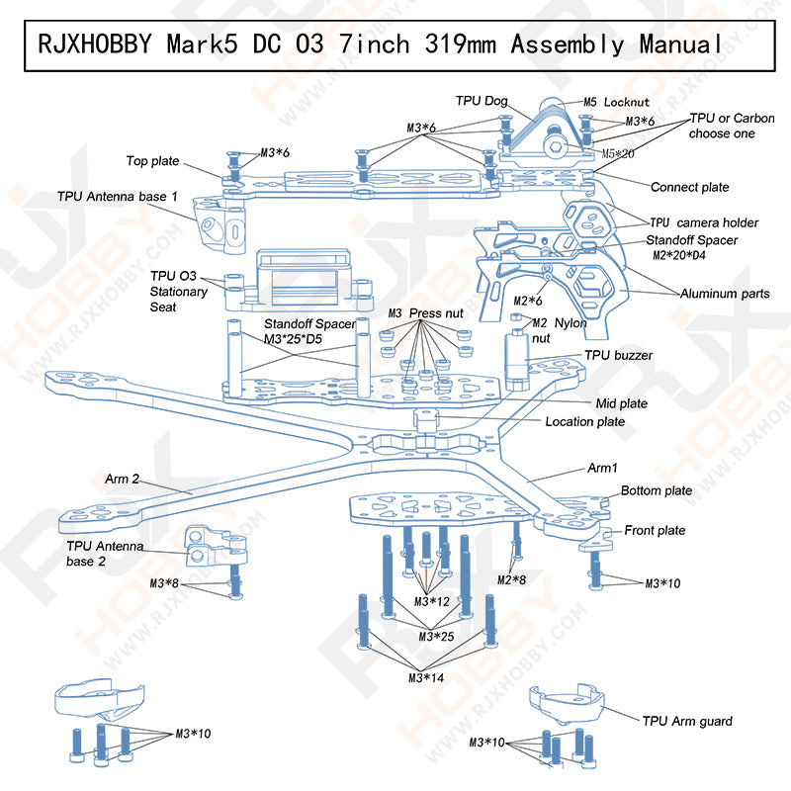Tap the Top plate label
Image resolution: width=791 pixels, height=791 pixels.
click(152, 160)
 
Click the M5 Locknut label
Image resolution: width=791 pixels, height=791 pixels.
click(614, 102)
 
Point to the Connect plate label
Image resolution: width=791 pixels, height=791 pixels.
click(689, 187)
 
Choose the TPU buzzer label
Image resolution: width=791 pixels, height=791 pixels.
click(618, 355)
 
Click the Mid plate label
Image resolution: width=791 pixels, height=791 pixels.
click(621, 403)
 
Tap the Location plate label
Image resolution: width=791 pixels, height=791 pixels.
click(584, 421)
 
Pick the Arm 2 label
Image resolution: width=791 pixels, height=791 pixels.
click(123, 480)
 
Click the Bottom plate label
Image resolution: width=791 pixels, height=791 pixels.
click(656, 490)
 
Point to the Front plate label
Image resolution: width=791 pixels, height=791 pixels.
click(654, 531)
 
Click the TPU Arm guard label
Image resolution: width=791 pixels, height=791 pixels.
click(686, 721)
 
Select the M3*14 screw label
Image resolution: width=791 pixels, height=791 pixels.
click(427, 677)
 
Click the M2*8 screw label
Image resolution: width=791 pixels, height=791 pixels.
click(510, 579)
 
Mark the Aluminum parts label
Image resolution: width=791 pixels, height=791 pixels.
click(725, 294)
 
